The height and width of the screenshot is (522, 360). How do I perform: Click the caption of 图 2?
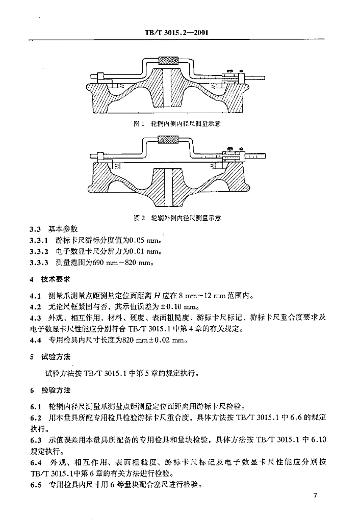(x=176, y=218)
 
